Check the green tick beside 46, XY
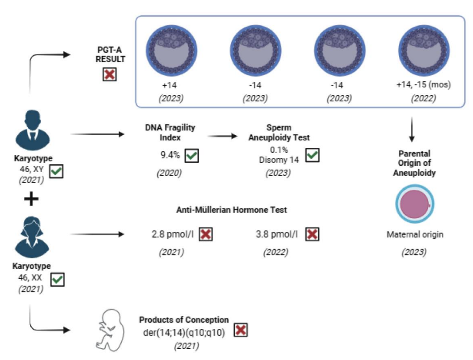click(56, 172)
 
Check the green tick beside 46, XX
click(57, 280)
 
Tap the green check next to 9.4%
click(192, 155)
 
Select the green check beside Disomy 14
click(312, 155)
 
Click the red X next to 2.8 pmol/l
click(206, 234)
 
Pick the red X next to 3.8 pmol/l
click(312, 234)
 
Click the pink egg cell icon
click(412, 204)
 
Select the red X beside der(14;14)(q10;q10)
click(241, 331)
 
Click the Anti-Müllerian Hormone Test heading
click(232, 210)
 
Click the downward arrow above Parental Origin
click(412, 131)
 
